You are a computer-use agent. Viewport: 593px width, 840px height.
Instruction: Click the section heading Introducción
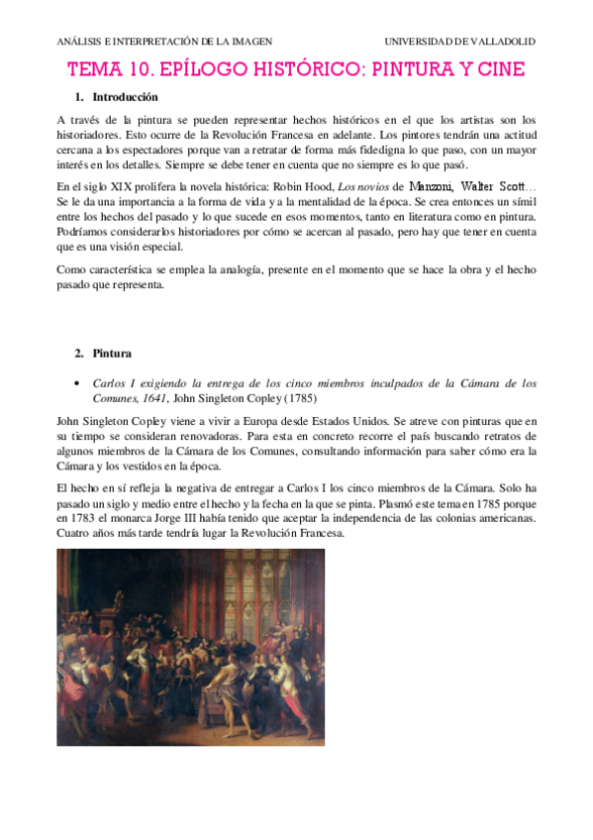coord(125,98)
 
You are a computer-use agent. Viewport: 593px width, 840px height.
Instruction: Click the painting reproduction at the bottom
coord(190,646)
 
